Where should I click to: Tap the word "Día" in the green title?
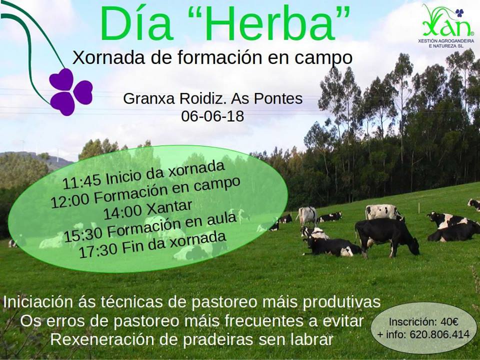(x=136, y=23)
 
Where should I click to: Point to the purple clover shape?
(x=70, y=92)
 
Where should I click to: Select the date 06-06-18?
(x=212, y=116)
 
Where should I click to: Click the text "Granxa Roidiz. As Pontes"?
(x=213, y=98)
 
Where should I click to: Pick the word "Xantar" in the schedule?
(x=169, y=208)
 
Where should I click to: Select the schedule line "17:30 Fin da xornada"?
(x=152, y=245)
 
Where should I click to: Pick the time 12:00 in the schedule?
(x=70, y=201)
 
